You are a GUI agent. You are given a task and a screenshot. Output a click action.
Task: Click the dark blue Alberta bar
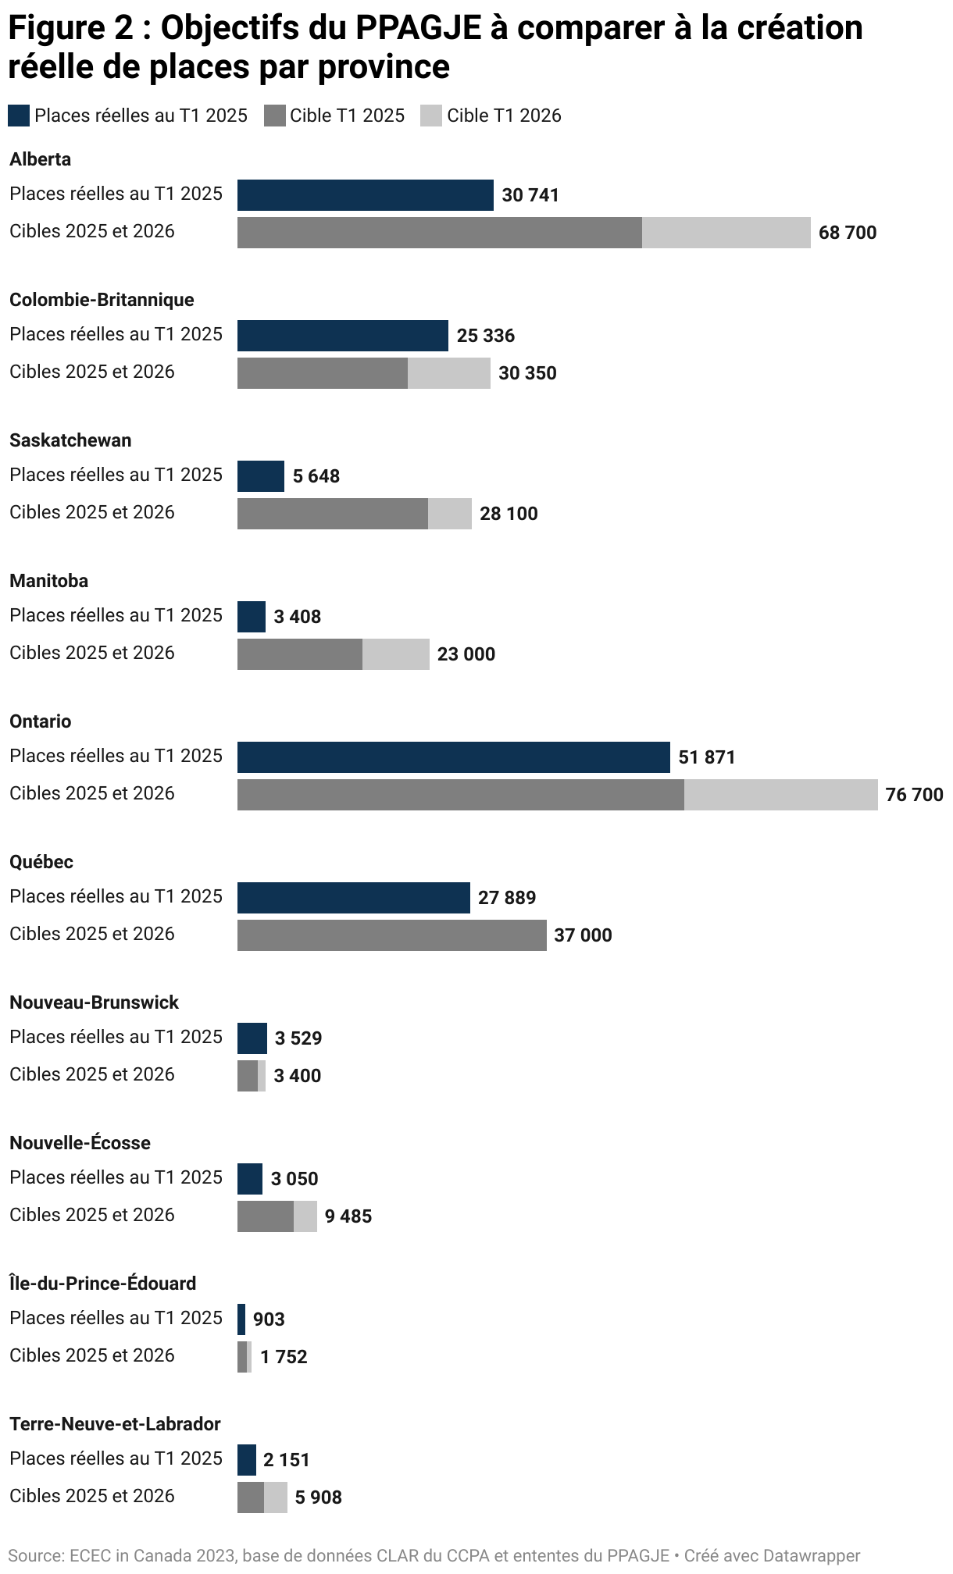pyautogui.click(x=365, y=195)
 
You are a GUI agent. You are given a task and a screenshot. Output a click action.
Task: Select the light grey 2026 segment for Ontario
pyautogui.click(x=780, y=795)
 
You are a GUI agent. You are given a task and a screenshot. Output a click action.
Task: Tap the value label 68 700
pyautogui.click(x=848, y=233)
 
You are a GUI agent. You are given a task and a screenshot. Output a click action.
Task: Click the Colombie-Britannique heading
pyautogui.click(x=102, y=300)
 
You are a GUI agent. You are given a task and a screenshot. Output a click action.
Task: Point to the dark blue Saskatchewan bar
pyautogui.click(x=261, y=476)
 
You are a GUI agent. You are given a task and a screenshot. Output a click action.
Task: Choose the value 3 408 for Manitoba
pyautogui.click(x=298, y=617)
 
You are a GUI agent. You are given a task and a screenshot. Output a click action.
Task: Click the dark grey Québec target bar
pyautogui.click(x=391, y=935)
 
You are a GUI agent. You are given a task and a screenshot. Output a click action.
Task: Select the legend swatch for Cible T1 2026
pyautogui.click(x=431, y=116)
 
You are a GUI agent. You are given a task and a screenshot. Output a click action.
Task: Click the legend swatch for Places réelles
pyautogui.click(x=19, y=116)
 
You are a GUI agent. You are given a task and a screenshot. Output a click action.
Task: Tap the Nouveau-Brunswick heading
pyautogui.click(x=94, y=1002)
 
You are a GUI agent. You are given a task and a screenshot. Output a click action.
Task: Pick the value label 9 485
pyautogui.click(x=348, y=1216)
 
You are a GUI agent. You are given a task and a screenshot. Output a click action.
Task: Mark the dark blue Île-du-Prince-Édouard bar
pyautogui.click(x=241, y=1319)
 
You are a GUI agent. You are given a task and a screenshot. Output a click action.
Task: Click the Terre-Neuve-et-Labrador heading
pyautogui.click(x=115, y=1424)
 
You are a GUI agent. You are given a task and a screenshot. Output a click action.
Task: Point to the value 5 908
pyautogui.click(x=319, y=1497)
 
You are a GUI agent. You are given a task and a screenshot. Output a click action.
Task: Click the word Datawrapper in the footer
pyautogui.click(x=812, y=1556)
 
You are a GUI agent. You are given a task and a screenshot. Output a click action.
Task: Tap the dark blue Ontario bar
pyautogui.click(x=453, y=757)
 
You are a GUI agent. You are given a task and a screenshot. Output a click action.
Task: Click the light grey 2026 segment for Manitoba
pyautogui.click(x=395, y=654)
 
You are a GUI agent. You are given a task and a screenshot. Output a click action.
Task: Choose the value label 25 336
pyautogui.click(x=486, y=336)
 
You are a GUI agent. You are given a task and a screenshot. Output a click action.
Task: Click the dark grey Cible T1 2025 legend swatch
pyautogui.click(x=275, y=116)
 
